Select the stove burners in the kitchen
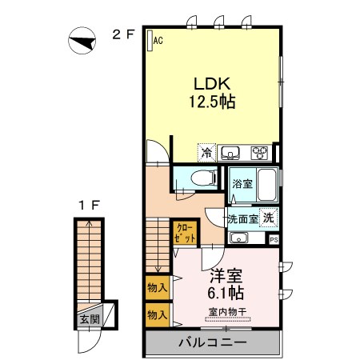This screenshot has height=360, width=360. (260, 152)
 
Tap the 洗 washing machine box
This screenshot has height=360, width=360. (270, 217)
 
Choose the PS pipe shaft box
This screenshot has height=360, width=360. (274, 239)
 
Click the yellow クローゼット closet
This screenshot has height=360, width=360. (185, 234)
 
